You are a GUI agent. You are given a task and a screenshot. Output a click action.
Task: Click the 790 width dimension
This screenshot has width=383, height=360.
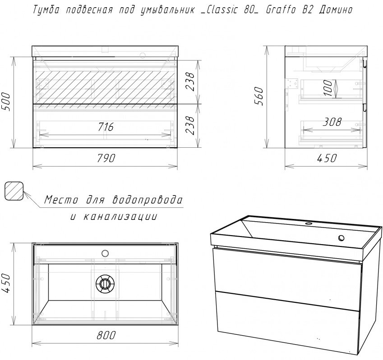click(x=106, y=158)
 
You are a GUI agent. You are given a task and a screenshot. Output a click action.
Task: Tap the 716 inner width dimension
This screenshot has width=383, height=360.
click(x=106, y=127)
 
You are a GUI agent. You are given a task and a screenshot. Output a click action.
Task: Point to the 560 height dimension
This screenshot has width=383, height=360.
click(x=258, y=96)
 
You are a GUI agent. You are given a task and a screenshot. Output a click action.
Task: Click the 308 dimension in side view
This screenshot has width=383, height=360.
click(x=332, y=122)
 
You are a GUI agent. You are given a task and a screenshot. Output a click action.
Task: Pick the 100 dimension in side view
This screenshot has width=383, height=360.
click(x=328, y=88)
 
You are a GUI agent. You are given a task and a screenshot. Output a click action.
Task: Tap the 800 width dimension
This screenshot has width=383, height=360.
click(x=106, y=335)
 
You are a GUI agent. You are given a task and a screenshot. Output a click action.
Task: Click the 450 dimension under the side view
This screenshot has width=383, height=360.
click(x=327, y=158)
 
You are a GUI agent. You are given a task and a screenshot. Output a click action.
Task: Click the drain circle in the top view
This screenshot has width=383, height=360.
click(x=105, y=283)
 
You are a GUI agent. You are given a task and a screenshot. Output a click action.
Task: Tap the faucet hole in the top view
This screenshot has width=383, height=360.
click(x=105, y=253)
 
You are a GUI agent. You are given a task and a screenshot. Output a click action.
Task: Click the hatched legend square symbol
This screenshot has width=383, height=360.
click(x=14, y=191)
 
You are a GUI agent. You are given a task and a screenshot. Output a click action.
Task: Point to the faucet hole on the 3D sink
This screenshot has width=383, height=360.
click(x=341, y=238)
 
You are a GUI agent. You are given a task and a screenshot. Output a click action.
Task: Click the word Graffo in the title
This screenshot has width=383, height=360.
click(x=281, y=10)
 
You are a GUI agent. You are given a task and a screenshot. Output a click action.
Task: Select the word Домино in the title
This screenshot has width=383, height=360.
click(x=336, y=10)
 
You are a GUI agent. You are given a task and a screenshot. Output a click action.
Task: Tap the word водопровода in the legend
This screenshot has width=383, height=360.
click(x=148, y=200)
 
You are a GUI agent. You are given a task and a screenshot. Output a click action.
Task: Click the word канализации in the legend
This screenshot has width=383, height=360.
click(x=120, y=217)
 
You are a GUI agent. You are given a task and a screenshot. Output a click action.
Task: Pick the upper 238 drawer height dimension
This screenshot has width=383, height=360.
click(x=190, y=81)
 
